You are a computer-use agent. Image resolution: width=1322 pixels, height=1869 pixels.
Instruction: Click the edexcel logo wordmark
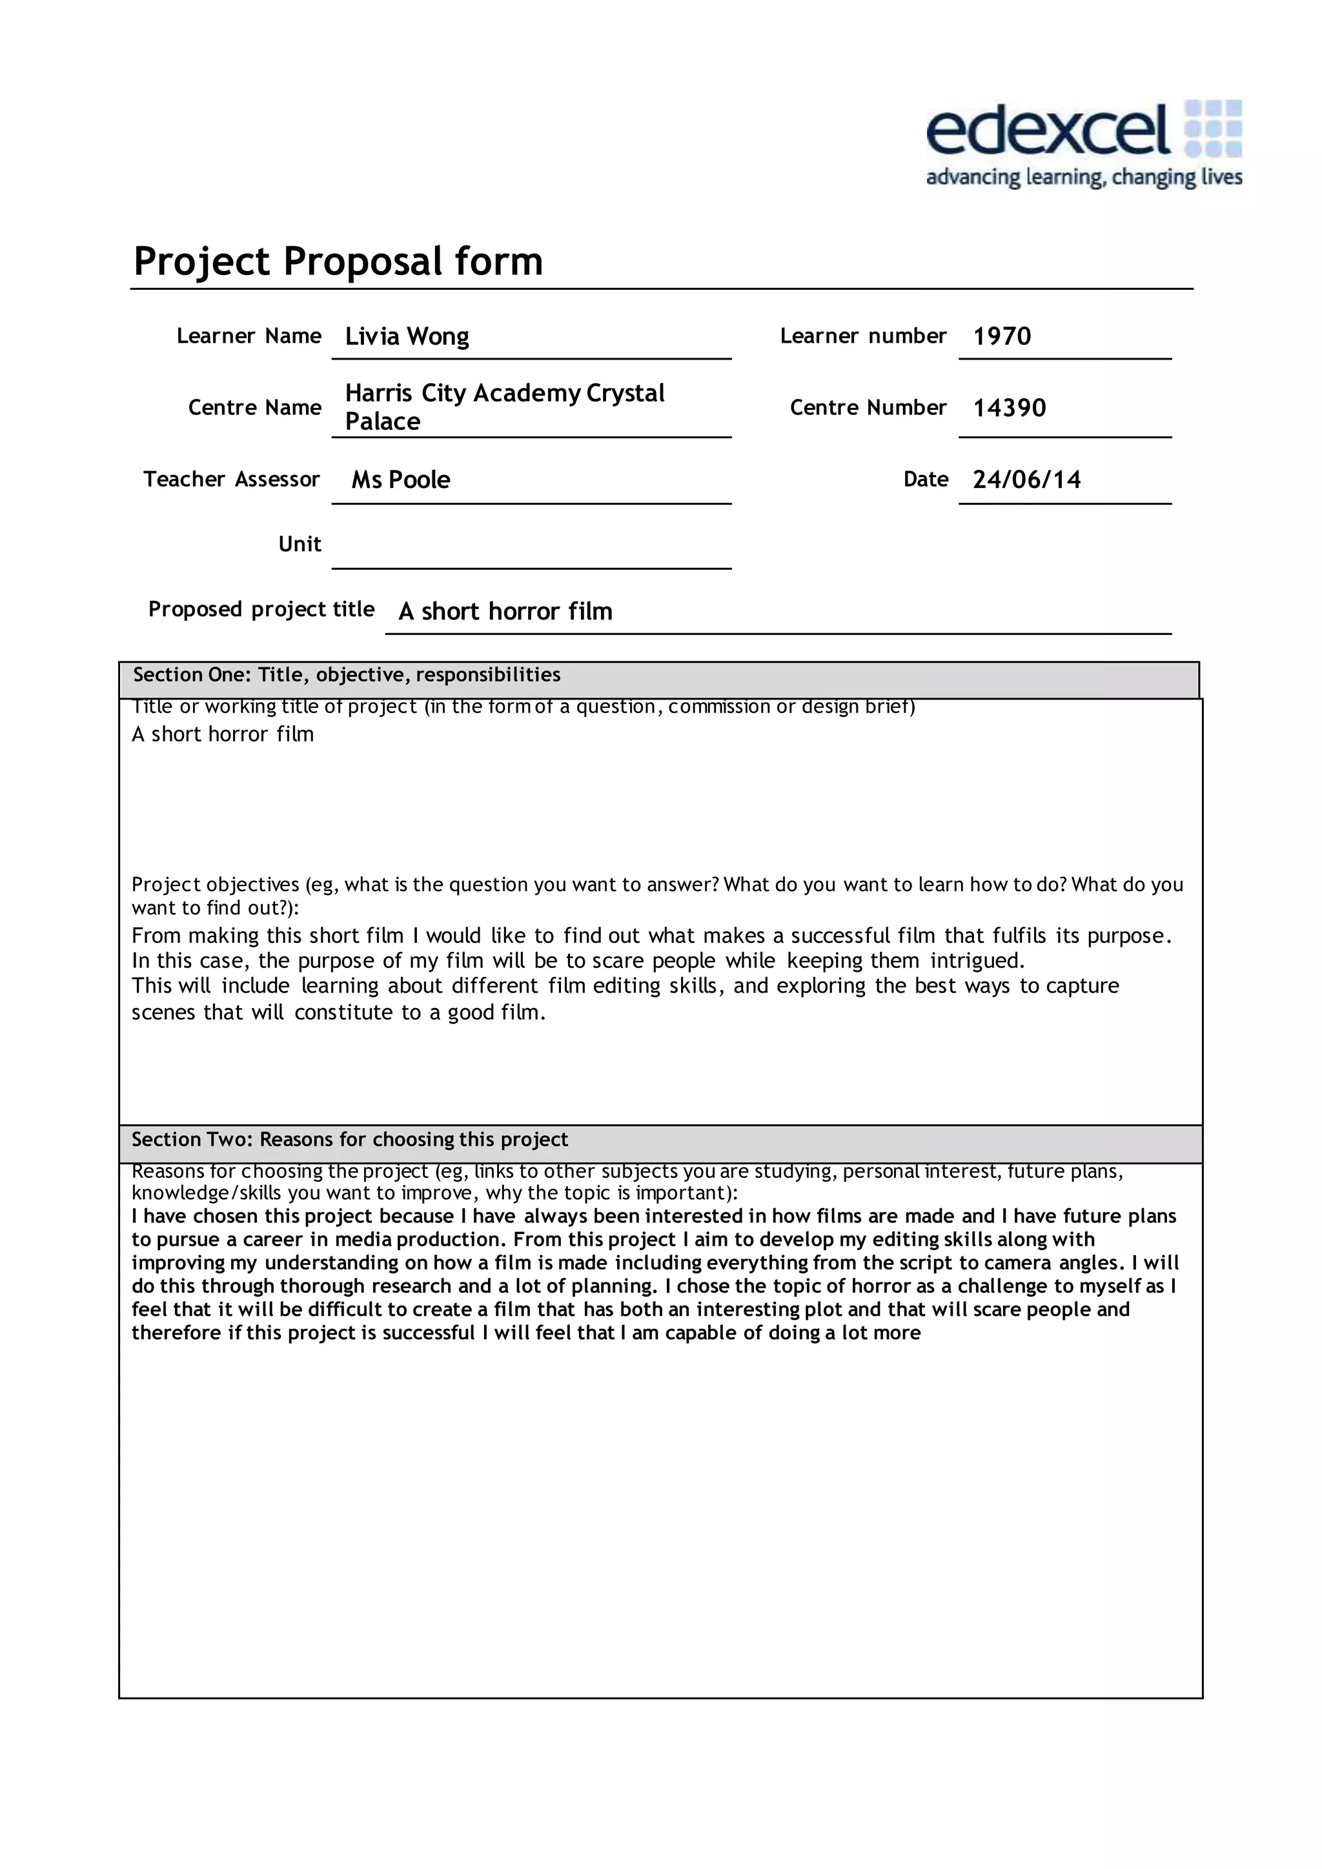pyautogui.click(x=1047, y=130)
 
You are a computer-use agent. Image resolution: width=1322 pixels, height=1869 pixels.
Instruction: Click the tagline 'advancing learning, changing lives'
pyautogui.click(x=1084, y=177)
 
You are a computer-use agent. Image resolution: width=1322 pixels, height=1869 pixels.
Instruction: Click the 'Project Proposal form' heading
pyautogui.click(x=338, y=261)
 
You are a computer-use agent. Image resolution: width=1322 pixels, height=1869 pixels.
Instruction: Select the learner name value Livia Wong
pyautogui.click(x=407, y=336)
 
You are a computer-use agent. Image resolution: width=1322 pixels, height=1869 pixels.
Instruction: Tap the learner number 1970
pyautogui.click(x=1002, y=336)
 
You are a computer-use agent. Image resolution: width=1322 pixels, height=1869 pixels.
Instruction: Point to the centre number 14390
pyautogui.click(x=1010, y=408)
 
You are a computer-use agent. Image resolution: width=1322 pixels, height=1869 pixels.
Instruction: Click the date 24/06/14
pyautogui.click(x=1026, y=480)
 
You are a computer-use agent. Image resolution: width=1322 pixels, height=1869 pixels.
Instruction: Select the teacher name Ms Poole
pyautogui.click(x=400, y=480)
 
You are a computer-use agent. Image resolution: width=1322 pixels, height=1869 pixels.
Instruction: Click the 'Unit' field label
pyautogui.click(x=300, y=544)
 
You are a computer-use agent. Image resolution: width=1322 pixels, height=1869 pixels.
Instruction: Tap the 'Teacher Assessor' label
pyautogui.click(x=231, y=479)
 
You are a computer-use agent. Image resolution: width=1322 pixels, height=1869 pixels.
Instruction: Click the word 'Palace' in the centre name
pyautogui.click(x=383, y=421)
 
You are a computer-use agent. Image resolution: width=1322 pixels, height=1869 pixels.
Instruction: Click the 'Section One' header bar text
pyautogui.click(x=347, y=675)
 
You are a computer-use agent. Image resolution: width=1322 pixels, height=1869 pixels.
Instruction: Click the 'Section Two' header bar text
pyautogui.click(x=350, y=1140)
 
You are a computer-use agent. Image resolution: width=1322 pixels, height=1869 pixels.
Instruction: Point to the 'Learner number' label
pyautogui.click(x=863, y=336)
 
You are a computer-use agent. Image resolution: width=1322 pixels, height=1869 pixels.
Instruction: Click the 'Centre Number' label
pyautogui.click(x=868, y=407)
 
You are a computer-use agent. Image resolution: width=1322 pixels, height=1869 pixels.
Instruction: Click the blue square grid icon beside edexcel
pyautogui.click(x=1213, y=128)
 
